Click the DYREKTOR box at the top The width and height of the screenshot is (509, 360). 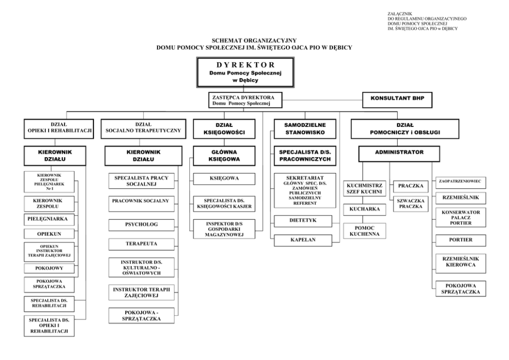coord(245,72)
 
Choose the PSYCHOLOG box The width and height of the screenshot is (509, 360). coord(141,225)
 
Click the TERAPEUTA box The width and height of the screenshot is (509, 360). coord(141,243)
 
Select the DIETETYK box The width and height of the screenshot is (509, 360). coord(302,221)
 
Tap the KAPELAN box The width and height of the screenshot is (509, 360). coord(302,240)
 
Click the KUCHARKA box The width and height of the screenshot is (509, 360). coord(364,210)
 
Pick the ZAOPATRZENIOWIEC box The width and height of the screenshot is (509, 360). coord(460,182)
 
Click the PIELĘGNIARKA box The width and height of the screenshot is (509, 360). coord(47,219)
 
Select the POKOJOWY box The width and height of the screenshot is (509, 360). coord(47,269)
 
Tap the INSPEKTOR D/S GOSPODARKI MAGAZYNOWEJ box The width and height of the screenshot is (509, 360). coord(224,229)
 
